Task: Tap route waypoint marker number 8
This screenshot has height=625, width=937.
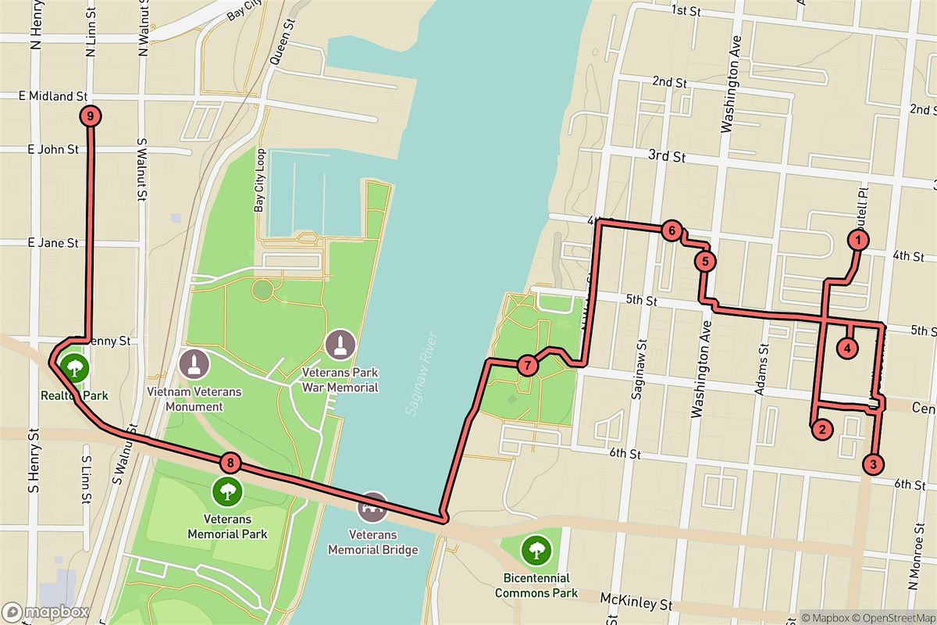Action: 229,462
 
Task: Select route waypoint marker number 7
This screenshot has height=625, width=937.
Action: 527,365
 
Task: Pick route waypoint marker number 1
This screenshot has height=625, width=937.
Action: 858,240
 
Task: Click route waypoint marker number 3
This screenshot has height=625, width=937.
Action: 874,464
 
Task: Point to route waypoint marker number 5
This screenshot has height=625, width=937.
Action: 704,261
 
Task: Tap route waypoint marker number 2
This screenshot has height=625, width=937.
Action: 820,428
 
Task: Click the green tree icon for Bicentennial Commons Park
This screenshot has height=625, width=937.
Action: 536,552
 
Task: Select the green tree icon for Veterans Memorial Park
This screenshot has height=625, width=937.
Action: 226,491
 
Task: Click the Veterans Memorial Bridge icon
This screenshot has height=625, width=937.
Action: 373,508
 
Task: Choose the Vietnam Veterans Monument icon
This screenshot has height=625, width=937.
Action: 194,363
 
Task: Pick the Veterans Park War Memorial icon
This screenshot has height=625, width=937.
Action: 340,344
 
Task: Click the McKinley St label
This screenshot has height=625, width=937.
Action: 636,603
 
